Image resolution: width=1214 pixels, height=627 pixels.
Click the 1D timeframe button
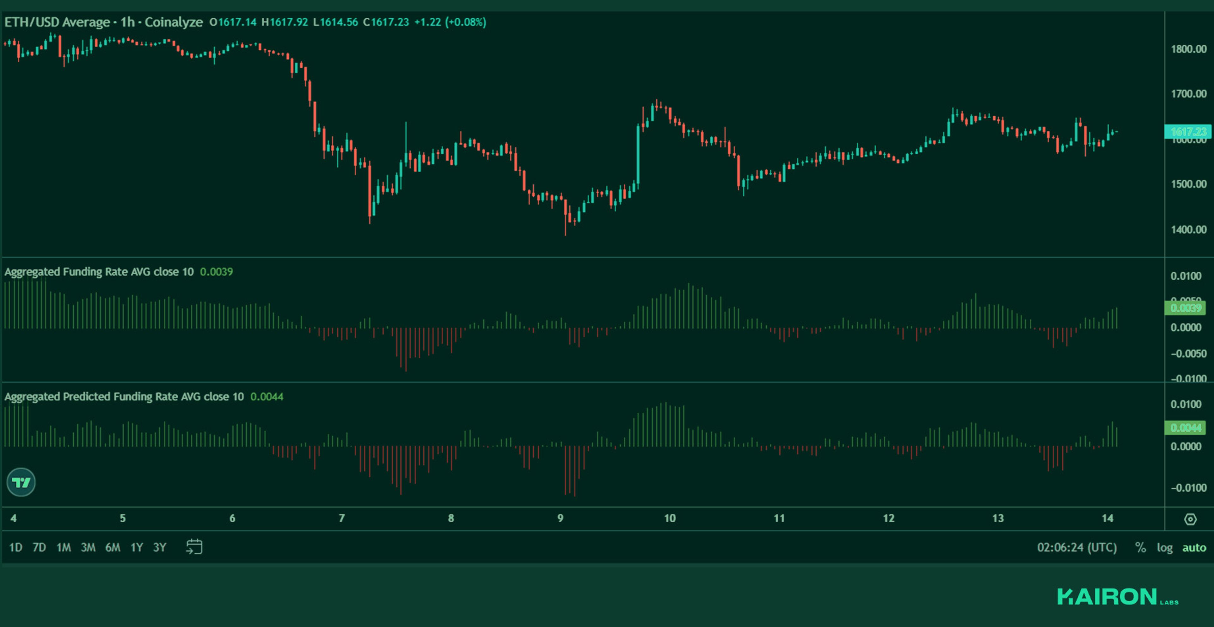(15, 547)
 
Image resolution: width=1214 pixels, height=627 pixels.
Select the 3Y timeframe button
(160, 547)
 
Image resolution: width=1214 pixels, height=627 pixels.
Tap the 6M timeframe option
(113, 547)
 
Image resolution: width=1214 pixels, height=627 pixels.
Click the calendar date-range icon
(194, 547)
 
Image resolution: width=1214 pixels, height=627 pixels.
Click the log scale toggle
(1164, 547)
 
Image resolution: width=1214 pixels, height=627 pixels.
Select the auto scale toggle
(1194, 547)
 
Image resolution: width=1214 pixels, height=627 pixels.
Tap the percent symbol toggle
(1140, 547)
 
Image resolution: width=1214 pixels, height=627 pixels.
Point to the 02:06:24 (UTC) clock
(1076, 547)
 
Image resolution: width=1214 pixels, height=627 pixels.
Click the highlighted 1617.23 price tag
(1188, 132)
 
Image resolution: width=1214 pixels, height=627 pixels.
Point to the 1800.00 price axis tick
(1188, 49)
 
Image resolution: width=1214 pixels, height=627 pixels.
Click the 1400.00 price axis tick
(1188, 230)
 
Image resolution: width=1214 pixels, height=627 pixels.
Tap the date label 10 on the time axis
(670, 519)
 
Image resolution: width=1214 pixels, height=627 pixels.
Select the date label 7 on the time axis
(342, 519)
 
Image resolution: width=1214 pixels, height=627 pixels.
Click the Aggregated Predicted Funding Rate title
(124, 396)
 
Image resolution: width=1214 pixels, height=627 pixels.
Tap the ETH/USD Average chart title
(57, 22)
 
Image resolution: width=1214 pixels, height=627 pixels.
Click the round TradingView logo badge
(21, 482)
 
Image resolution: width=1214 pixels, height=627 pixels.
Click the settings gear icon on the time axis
(1190, 519)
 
